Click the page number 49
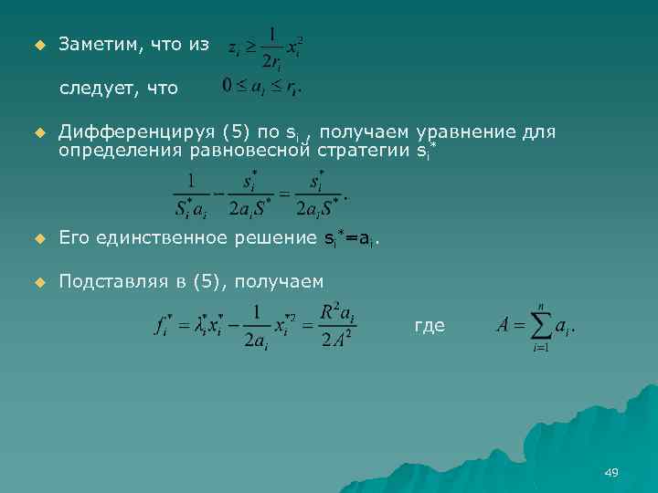pyautogui.click(x=611, y=472)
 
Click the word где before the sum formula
pyautogui.click(x=430, y=325)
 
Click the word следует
pyautogui.click(x=93, y=89)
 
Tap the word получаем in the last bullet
pyautogui.click(x=279, y=281)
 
